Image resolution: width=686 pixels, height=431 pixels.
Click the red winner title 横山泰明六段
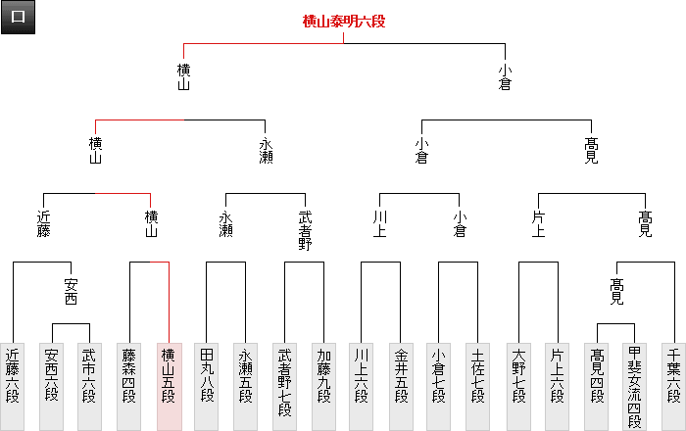(344, 21)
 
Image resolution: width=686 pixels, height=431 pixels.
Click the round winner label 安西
(71, 291)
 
